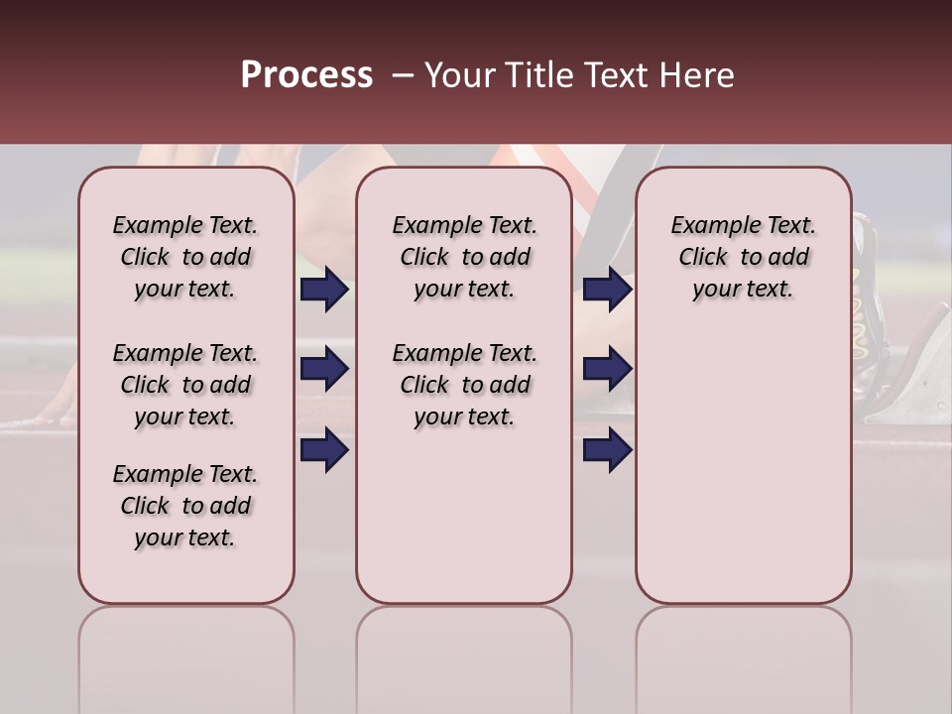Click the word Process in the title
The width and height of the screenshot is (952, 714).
[x=306, y=75]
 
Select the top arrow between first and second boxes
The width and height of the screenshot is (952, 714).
[x=324, y=290]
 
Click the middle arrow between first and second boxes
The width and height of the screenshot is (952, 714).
[x=324, y=370]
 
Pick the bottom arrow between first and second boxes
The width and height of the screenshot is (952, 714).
[x=324, y=449]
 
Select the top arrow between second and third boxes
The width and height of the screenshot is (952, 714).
[x=607, y=290]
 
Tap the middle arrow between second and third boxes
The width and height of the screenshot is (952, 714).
[x=607, y=370]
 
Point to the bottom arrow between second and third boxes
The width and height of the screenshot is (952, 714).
[x=607, y=449]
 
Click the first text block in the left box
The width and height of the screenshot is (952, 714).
[x=185, y=257]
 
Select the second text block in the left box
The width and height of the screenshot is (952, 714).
[x=185, y=385]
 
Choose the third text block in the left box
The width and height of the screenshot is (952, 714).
[x=185, y=506]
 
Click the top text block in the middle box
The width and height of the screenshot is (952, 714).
[x=464, y=257]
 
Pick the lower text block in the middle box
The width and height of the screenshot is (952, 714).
[x=464, y=385]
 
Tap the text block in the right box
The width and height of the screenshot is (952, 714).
[x=743, y=257]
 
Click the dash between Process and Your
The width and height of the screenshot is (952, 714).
[x=403, y=76]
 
